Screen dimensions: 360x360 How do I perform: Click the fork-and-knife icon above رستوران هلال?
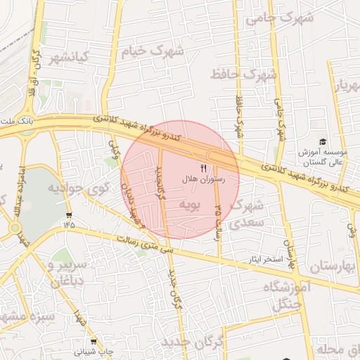click(x=203, y=168)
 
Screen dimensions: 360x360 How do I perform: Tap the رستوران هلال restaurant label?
click(x=203, y=180)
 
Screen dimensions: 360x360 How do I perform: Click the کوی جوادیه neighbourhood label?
click(x=77, y=188)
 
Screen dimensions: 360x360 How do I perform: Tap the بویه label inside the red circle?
click(x=192, y=205)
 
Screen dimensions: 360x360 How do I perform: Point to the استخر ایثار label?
click(x=264, y=259)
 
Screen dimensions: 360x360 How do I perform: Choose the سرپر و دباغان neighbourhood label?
click(x=66, y=271)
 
